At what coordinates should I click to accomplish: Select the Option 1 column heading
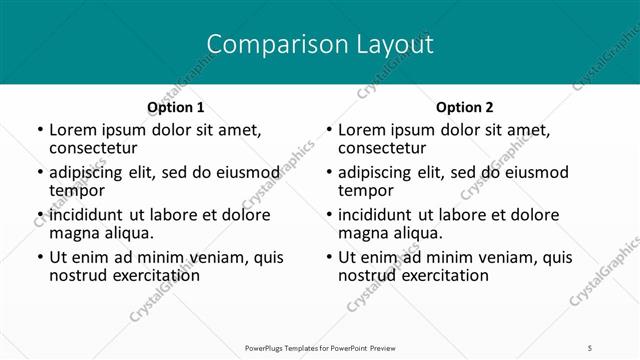(176, 107)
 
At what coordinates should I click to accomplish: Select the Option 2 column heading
(465, 107)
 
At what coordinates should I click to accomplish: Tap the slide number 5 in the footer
(590, 347)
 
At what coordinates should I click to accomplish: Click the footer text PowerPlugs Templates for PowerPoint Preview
(320, 347)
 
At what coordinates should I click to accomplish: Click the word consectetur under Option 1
(97, 148)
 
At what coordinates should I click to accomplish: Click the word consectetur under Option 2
(386, 148)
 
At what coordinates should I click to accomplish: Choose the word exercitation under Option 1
(156, 274)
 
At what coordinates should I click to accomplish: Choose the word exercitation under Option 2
(445, 274)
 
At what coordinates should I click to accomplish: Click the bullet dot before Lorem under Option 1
(39, 131)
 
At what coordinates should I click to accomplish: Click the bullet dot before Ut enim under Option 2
(328, 257)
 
